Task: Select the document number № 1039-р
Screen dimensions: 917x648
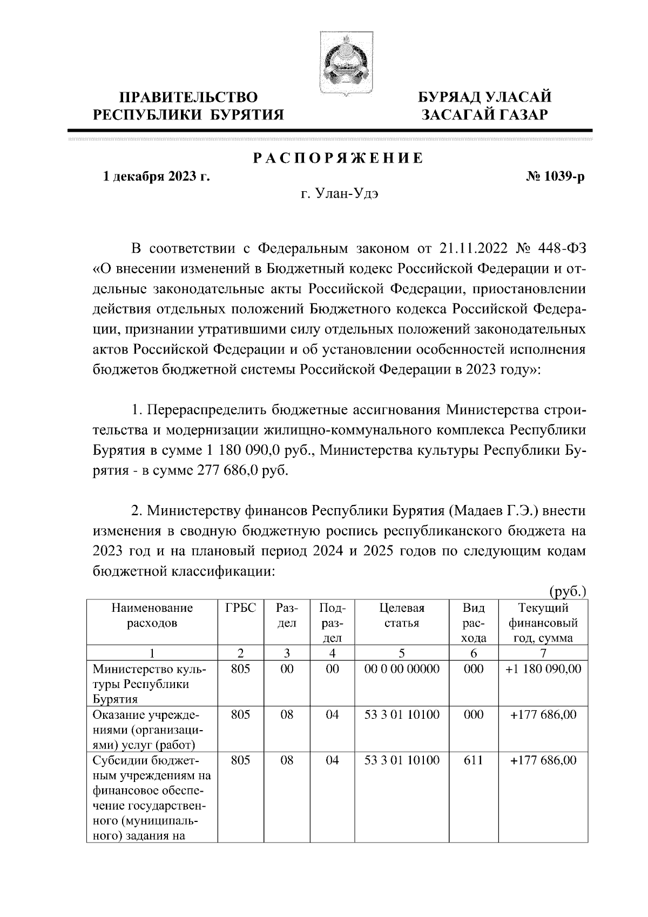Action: pyautogui.click(x=555, y=177)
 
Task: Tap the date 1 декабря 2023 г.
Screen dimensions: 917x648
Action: pyautogui.click(x=157, y=177)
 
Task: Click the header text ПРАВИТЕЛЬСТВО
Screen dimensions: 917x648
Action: pyautogui.click(x=188, y=98)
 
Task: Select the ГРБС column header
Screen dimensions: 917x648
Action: pyautogui.click(x=240, y=608)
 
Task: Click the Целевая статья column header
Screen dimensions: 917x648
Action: pyautogui.click(x=402, y=616)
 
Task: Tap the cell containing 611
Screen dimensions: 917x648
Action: pyautogui.click(x=474, y=760)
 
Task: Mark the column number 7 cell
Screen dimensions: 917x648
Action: pyautogui.click(x=543, y=653)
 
